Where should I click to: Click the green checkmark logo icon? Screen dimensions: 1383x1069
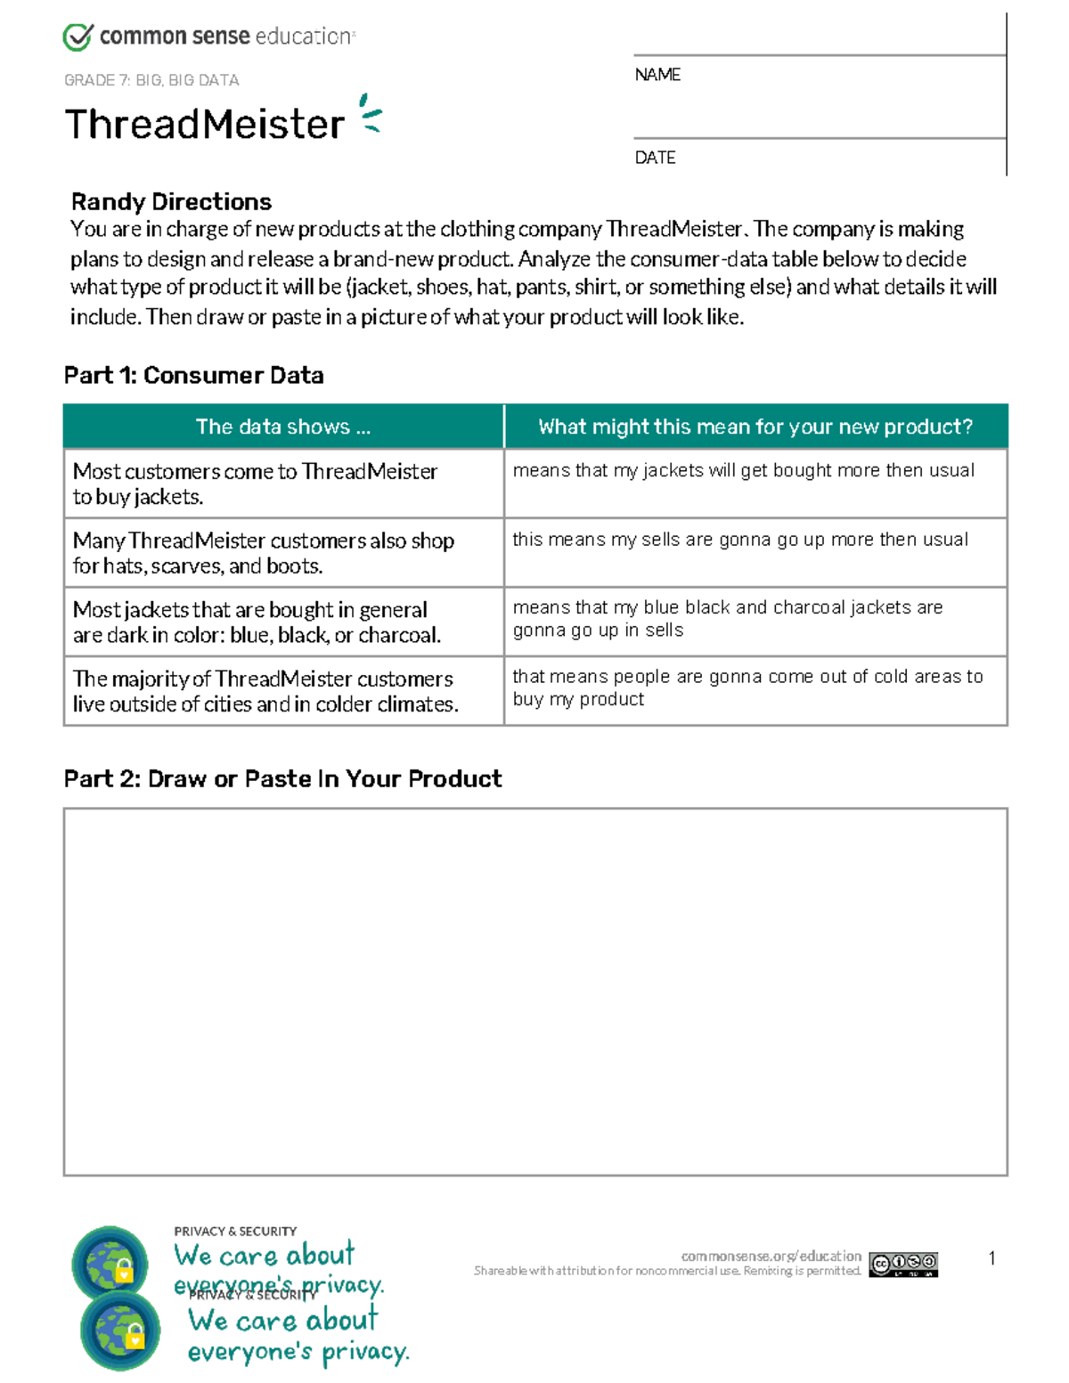(78, 37)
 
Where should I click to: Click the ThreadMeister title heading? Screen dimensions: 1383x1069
(204, 124)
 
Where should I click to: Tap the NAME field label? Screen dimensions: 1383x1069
(657, 75)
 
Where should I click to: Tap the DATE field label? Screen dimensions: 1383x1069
(655, 158)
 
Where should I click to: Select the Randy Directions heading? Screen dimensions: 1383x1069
(171, 202)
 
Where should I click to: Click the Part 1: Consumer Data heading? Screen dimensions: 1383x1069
(193, 376)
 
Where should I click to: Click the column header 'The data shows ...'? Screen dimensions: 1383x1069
(282, 427)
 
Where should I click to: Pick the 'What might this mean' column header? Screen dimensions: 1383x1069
(755, 427)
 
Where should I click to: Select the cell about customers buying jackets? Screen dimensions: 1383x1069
(255, 484)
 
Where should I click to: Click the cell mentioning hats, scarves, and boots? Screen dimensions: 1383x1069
(263, 553)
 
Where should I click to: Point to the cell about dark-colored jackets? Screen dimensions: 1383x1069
(256, 622)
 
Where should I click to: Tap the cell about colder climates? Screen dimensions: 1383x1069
(265, 691)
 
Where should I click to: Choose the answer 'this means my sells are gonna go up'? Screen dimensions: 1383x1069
(739, 540)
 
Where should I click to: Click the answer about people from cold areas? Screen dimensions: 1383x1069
(747, 687)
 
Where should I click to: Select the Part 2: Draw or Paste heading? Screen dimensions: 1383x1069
(282, 779)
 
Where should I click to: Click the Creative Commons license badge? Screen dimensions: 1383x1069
(903, 1264)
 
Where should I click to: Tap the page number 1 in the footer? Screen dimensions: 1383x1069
(991, 1258)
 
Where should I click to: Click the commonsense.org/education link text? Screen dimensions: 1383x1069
(771, 1256)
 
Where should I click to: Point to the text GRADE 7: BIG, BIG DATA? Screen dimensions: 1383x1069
(151, 80)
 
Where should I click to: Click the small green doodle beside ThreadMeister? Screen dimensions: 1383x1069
(370, 114)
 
